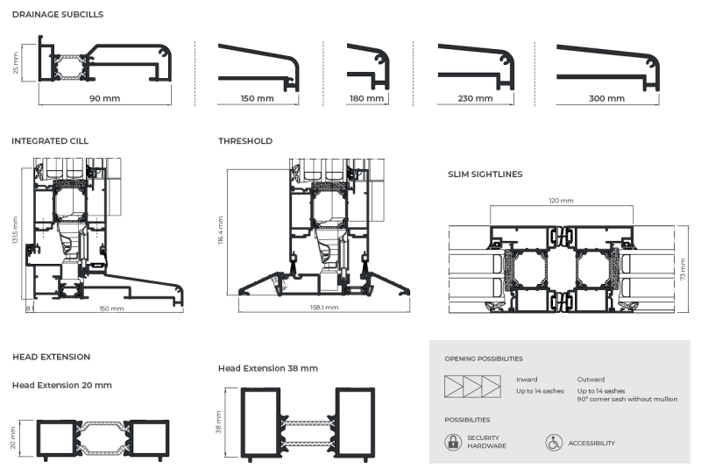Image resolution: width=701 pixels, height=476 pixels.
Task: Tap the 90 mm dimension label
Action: click(x=104, y=98)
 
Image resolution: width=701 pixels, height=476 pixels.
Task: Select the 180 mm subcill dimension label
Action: click(x=366, y=98)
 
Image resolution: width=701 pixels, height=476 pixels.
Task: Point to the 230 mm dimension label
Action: click(x=475, y=98)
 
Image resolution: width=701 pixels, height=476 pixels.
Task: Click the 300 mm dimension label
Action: click(x=606, y=98)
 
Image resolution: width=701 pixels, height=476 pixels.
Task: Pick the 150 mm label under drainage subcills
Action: click(x=257, y=98)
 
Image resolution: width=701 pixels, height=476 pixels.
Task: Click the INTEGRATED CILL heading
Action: click(x=50, y=141)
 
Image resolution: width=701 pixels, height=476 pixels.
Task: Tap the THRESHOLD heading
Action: click(x=245, y=141)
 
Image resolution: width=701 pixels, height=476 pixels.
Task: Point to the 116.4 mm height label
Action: click(x=222, y=231)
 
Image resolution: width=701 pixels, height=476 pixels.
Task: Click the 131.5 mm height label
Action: click(x=15, y=231)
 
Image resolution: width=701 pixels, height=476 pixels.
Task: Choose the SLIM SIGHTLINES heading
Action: click(x=485, y=174)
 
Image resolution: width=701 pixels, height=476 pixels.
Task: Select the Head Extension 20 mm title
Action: click(x=61, y=385)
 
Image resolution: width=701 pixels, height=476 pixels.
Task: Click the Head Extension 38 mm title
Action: click(x=267, y=368)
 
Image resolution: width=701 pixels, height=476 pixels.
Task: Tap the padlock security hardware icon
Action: click(x=452, y=443)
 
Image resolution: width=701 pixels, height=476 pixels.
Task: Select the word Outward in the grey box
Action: click(x=591, y=380)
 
